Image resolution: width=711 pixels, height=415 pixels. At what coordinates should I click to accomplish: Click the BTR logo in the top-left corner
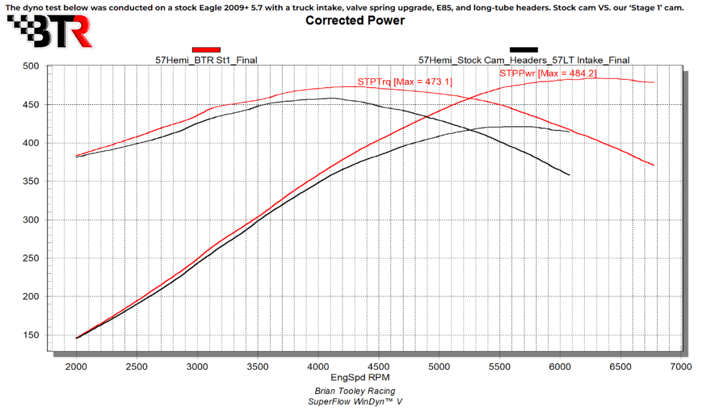[50, 31]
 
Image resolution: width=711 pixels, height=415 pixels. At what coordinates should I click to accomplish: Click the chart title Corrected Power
[355, 21]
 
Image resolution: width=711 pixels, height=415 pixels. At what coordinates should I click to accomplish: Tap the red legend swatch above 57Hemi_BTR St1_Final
[206, 50]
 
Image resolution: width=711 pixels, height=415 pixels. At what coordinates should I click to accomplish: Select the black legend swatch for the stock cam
[524, 50]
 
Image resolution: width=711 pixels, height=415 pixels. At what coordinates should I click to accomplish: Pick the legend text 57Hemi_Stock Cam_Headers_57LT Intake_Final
[524, 60]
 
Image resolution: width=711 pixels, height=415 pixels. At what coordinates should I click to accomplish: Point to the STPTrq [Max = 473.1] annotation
[405, 81]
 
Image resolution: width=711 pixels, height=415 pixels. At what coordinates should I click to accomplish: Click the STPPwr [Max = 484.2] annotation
[548, 74]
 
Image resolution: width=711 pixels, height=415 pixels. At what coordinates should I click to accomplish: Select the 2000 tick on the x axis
[76, 367]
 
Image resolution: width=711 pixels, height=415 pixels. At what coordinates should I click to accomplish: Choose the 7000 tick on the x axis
[680, 367]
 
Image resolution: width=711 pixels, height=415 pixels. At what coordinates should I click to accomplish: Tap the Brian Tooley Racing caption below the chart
[355, 391]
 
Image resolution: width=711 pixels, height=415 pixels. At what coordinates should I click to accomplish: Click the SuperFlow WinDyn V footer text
[355, 401]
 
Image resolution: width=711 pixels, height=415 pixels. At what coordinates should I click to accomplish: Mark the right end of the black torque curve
[569, 175]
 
